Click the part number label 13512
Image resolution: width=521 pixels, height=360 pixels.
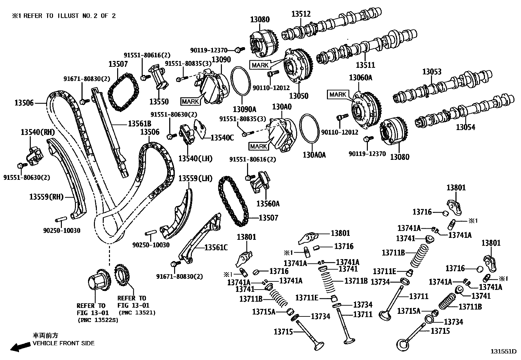coord(301,14)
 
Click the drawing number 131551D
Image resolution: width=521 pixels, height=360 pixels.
coord(504,351)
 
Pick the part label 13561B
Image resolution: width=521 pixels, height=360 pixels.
coord(139,124)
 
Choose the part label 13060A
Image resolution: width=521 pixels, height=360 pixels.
coord(360,78)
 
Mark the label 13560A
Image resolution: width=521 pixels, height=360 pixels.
coord(268,204)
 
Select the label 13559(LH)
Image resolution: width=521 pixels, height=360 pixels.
coord(195,178)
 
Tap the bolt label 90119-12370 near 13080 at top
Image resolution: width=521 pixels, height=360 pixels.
coord(208,50)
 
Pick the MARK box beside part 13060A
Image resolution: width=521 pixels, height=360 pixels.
coord(337,95)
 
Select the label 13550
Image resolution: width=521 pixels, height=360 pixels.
coord(159,102)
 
